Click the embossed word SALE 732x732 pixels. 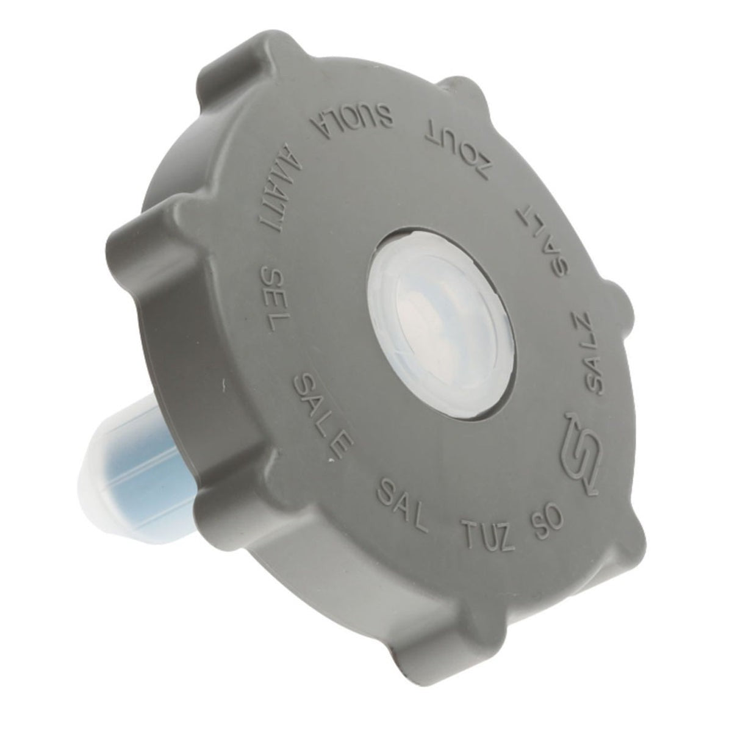click(x=321, y=414)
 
